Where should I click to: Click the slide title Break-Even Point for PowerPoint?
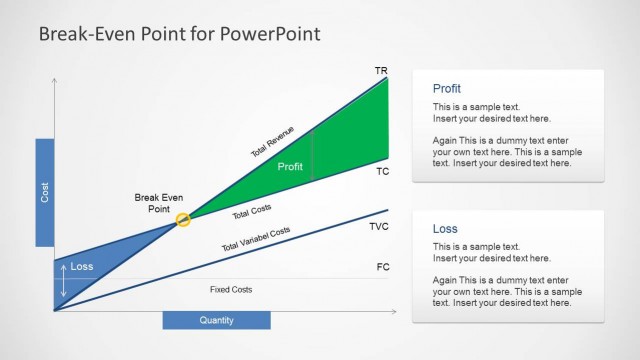click(x=179, y=34)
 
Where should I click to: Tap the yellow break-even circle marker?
click(x=183, y=220)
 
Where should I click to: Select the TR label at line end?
click(x=380, y=71)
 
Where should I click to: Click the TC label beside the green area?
click(x=382, y=172)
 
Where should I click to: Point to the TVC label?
click(x=379, y=227)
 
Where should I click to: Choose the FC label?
click(x=383, y=267)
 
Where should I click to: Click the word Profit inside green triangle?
click(x=290, y=167)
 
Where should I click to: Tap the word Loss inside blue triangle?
click(x=82, y=267)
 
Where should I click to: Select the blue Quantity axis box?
click(x=216, y=320)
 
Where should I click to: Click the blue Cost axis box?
click(x=44, y=192)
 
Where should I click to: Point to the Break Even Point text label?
click(x=159, y=203)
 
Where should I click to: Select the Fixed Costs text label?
click(x=231, y=290)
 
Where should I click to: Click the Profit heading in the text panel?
click(x=447, y=89)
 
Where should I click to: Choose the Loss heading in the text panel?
click(x=444, y=229)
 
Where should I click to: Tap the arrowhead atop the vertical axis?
click(x=54, y=79)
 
